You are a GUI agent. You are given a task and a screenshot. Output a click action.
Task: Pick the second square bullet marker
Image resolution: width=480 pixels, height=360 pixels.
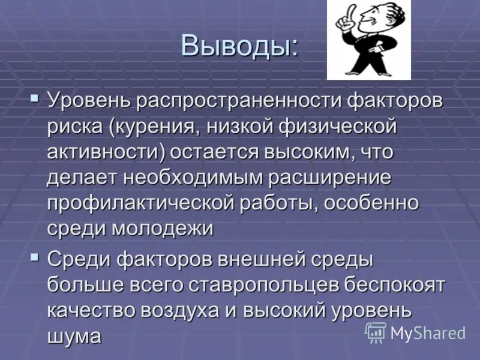[35, 257]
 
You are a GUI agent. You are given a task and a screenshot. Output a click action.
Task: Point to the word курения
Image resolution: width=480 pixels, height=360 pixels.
[154, 127]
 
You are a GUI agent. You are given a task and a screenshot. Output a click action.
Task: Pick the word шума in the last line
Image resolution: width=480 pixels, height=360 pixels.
[74, 337]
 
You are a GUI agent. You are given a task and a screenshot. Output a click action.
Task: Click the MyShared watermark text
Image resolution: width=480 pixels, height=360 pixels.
[428, 333]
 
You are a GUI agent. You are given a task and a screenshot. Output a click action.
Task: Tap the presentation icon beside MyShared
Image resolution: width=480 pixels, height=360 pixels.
[376, 332]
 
